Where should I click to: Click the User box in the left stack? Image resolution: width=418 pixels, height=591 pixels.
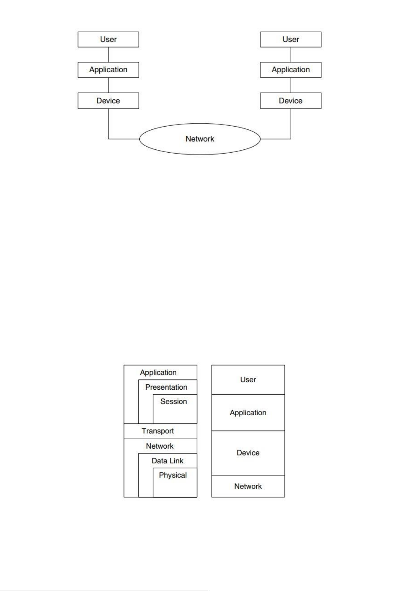click(108, 40)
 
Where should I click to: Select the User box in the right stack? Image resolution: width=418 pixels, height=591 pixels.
click(291, 40)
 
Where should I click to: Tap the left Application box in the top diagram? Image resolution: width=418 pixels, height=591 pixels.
click(108, 70)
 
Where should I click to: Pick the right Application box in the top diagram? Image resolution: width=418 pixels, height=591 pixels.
click(291, 70)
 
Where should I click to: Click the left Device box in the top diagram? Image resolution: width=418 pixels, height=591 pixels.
click(108, 101)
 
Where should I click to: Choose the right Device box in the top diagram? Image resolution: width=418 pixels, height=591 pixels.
click(291, 101)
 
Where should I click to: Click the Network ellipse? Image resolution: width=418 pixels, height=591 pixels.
click(200, 139)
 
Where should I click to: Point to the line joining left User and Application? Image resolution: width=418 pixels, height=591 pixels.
click(108, 55)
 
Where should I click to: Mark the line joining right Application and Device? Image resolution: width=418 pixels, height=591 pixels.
click(291, 85)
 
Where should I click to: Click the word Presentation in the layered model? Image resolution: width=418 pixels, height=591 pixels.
click(166, 387)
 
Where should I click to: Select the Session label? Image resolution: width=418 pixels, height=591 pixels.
click(173, 401)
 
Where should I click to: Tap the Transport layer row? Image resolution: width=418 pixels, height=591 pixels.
click(160, 431)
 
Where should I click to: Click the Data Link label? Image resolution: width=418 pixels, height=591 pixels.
click(167, 461)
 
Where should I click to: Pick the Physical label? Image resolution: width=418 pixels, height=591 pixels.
click(173, 475)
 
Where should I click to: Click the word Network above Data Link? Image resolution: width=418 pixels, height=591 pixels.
click(160, 446)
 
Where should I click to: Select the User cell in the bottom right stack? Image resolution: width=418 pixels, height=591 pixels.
click(248, 380)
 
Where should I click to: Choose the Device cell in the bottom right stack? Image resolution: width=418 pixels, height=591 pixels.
click(248, 453)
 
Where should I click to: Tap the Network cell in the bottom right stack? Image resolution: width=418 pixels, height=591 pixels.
click(248, 486)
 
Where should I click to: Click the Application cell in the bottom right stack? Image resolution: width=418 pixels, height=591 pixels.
click(248, 412)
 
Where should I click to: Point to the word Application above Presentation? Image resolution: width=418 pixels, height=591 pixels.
click(158, 372)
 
